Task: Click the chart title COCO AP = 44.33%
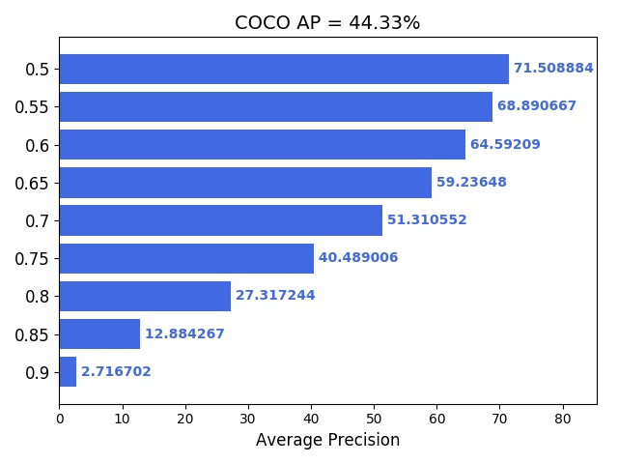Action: click(327, 23)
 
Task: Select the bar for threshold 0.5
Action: click(284, 69)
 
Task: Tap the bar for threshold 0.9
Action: click(68, 372)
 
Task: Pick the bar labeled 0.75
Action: click(186, 258)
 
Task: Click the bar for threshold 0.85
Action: click(99, 334)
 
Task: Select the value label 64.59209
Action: click(505, 145)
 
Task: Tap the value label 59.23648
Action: click(471, 183)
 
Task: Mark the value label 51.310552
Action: click(427, 220)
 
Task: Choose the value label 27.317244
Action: click(275, 296)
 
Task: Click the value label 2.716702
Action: click(116, 372)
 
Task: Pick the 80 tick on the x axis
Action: click(562, 419)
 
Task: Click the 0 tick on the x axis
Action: click(60, 419)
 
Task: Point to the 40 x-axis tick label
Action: click(311, 419)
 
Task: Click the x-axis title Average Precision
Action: click(327, 441)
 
